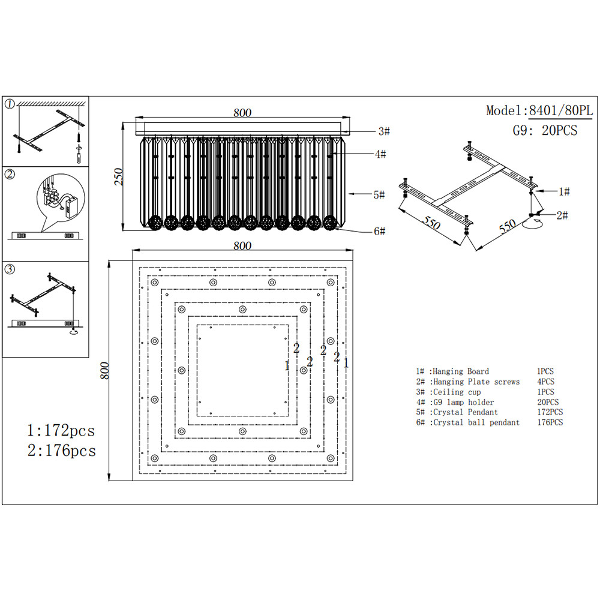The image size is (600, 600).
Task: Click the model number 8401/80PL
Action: click(560, 111)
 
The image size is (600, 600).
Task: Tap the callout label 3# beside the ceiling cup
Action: click(384, 131)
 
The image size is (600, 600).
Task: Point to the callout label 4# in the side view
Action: click(380, 154)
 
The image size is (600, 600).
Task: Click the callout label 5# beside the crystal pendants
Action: click(379, 194)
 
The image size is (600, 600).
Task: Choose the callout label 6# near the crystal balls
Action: click(379, 231)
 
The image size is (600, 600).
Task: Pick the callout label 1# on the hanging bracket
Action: click(564, 191)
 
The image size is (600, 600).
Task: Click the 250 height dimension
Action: click(119, 176)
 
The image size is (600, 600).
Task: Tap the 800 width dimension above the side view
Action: click(242, 113)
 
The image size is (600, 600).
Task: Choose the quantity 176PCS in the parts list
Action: click(550, 422)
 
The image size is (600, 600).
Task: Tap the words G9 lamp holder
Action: click(463, 402)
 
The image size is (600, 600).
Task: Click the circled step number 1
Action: click(10, 104)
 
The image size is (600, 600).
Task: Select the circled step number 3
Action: click(10, 269)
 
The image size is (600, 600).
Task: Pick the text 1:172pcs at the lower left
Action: click(61, 430)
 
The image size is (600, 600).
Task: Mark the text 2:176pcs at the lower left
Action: click(61, 451)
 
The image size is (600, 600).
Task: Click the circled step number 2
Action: click(10, 175)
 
